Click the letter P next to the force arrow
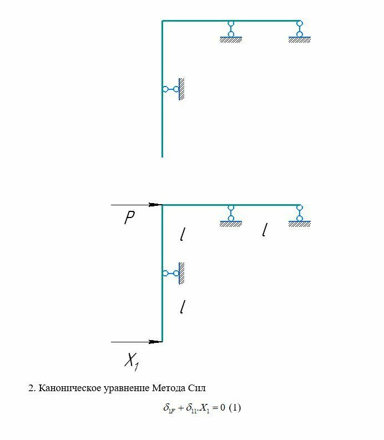(x=129, y=218)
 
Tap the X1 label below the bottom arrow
(x=131, y=362)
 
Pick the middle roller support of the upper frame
(x=231, y=31)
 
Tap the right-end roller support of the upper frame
(x=300, y=31)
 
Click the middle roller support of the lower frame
(x=231, y=215)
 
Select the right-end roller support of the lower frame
(x=300, y=215)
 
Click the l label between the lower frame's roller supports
(x=265, y=230)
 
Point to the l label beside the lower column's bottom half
(x=182, y=306)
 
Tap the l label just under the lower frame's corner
(x=182, y=235)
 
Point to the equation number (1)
(x=235, y=408)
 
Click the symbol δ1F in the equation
(x=169, y=408)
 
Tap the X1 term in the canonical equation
(x=210, y=408)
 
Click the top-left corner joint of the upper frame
(x=162, y=21)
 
